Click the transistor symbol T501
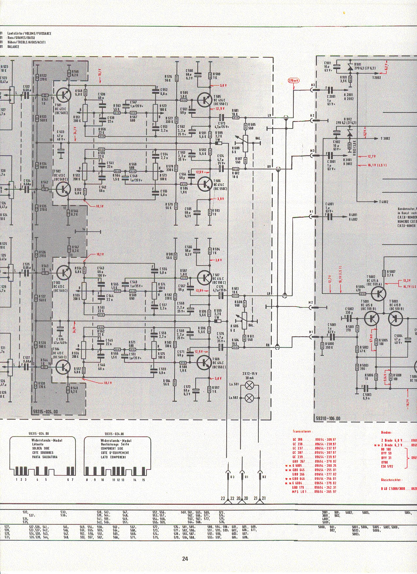pyautogui.click(x=63, y=95)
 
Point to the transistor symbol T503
pyautogui.click(x=63, y=272)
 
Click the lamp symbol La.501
pyautogui.click(x=250, y=386)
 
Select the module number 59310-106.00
pyautogui.click(x=329, y=418)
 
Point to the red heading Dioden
pyautogui.click(x=387, y=432)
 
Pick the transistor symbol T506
pyautogui.click(x=205, y=183)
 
